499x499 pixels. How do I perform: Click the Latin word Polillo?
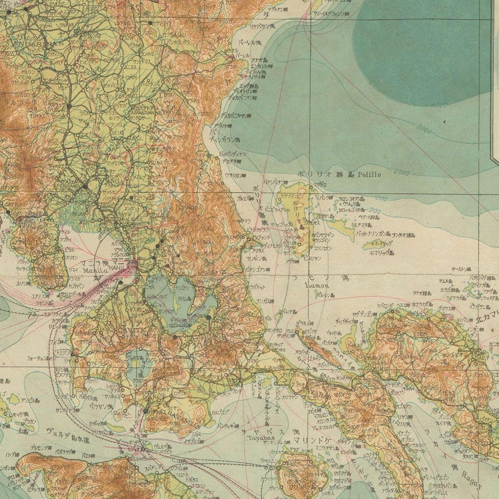click(x=369, y=174)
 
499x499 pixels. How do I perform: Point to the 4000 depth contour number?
click(x=439, y=105)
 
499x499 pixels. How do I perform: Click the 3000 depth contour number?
click(x=423, y=130)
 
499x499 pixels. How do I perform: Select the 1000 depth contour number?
click(x=380, y=198)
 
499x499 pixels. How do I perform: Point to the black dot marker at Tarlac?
click(x=69, y=106)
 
